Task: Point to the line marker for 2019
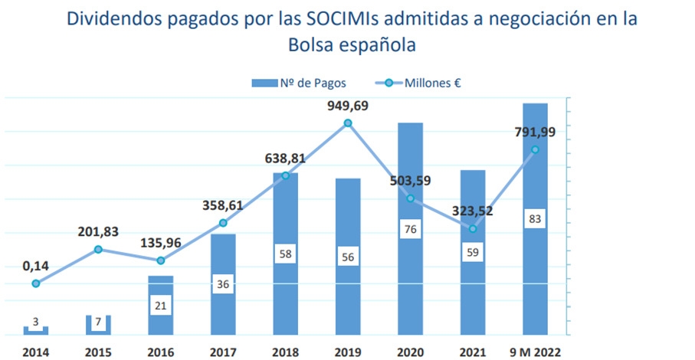click(348, 123)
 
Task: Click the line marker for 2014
click(36, 283)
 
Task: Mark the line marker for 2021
click(473, 229)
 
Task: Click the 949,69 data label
click(348, 106)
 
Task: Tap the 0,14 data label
click(36, 266)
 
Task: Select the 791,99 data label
click(535, 132)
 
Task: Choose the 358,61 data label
click(223, 205)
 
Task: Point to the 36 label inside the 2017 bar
click(223, 283)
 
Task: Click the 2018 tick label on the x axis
click(285, 352)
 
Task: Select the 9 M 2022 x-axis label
click(535, 352)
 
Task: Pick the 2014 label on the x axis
click(36, 352)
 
